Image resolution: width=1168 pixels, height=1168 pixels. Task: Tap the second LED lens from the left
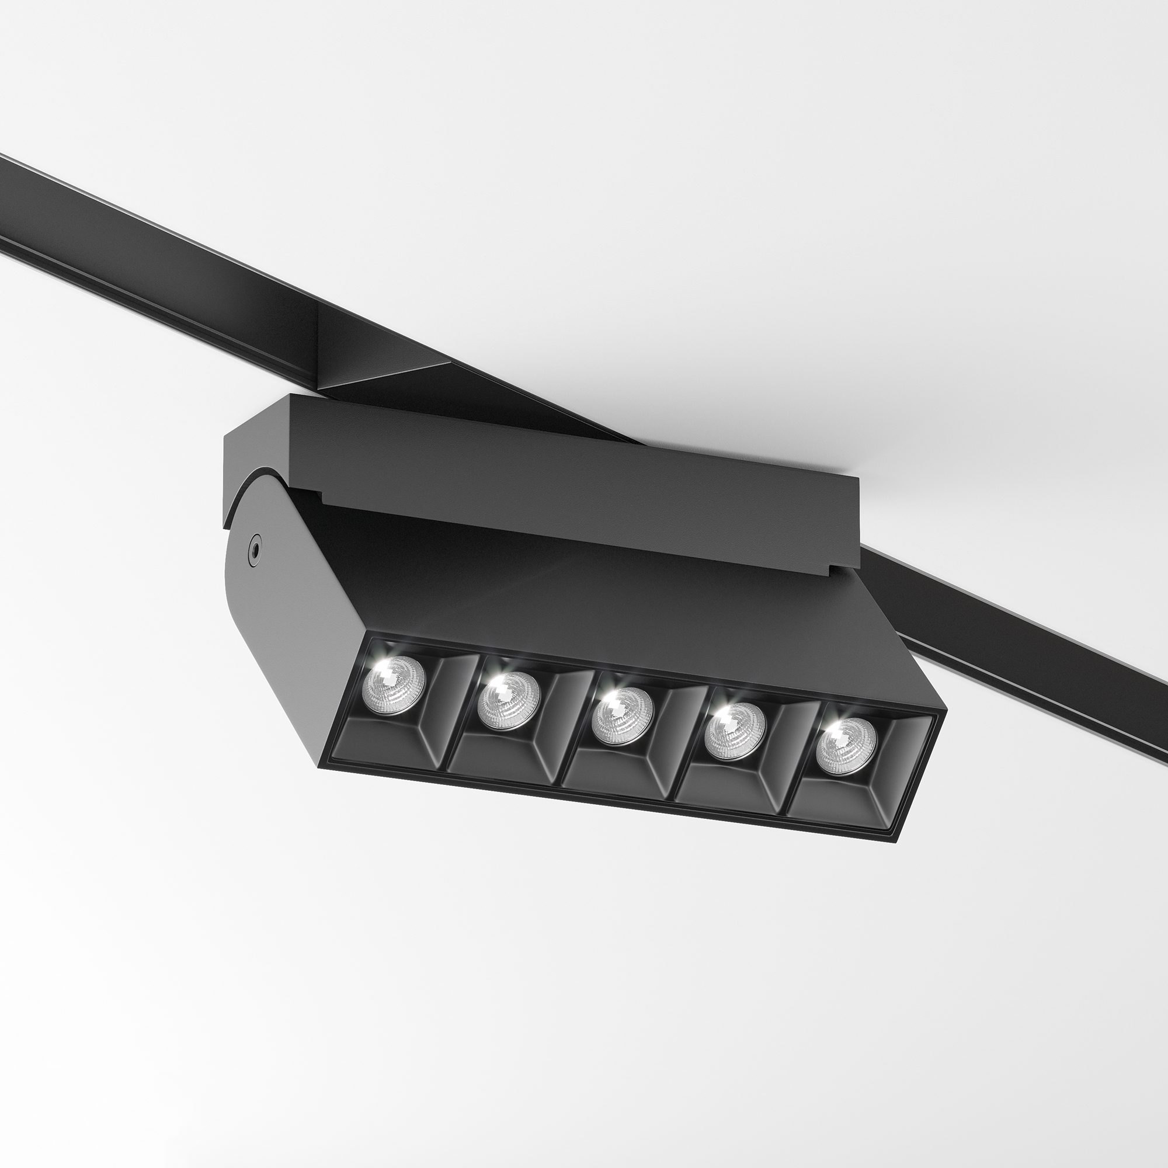508,701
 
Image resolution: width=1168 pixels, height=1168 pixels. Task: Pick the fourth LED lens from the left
735,732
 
